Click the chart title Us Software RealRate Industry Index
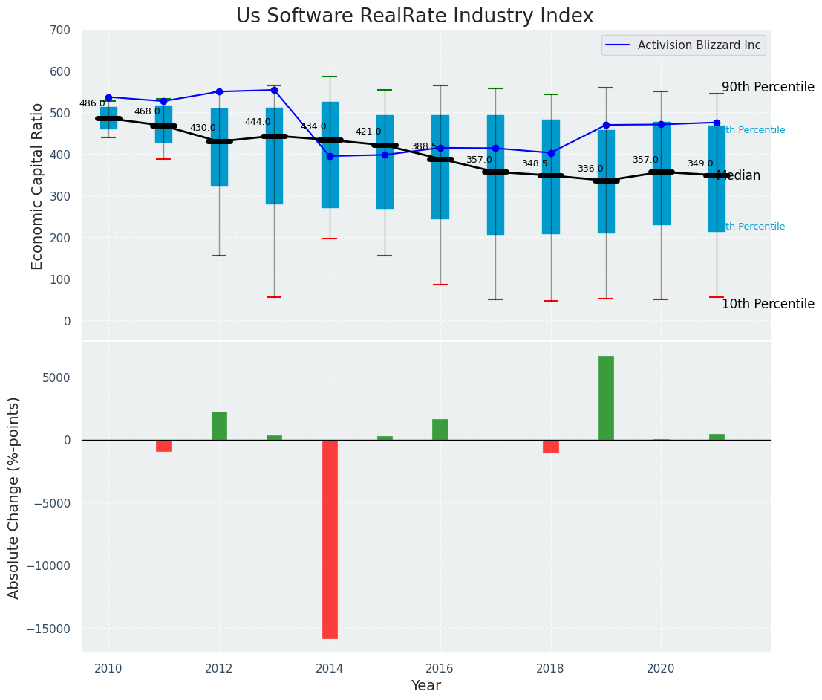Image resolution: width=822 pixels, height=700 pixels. click(x=414, y=16)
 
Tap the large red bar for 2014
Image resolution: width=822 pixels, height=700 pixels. click(x=330, y=539)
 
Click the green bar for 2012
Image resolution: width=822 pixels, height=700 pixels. click(x=219, y=426)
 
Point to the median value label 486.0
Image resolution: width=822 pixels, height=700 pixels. click(x=92, y=103)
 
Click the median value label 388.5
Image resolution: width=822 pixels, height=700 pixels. click(x=424, y=146)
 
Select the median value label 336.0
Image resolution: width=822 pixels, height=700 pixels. click(x=590, y=169)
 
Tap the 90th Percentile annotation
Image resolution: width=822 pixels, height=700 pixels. click(x=768, y=87)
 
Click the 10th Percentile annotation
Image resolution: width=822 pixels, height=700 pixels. click(x=768, y=304)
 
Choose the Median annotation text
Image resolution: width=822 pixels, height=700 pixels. click(x=738, y=176)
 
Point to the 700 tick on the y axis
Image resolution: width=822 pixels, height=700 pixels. click(x=60, y=30)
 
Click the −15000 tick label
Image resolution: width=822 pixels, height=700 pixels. click(x=47, y=629)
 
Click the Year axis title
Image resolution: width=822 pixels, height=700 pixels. click(x=426, y=686)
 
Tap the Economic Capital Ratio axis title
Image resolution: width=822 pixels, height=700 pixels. click(x=38, y=186)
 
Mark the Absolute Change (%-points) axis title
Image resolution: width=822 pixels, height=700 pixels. click(x=14, y=497)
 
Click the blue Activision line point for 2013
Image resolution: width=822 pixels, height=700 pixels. click(x=274, y=90)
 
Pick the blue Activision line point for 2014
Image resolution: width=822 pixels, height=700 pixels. click(x=330, y=156)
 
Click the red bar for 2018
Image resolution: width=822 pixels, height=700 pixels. click(x=551, y=446)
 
